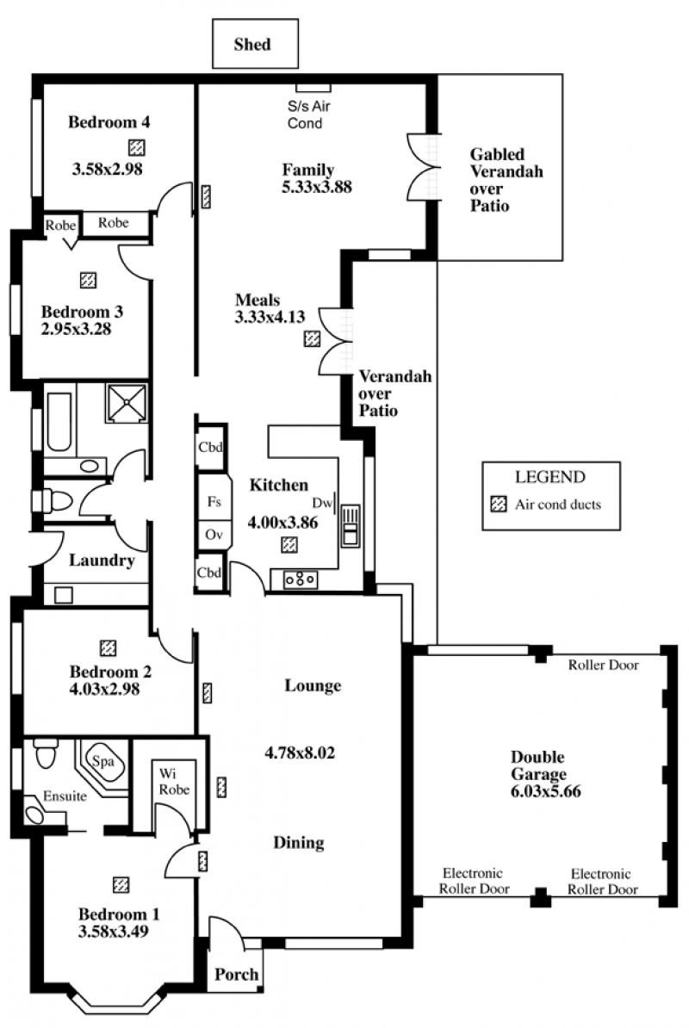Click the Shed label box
255,43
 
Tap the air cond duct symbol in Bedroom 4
136,147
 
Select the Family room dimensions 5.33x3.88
317,187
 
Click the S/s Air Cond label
308,115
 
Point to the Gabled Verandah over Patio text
506,180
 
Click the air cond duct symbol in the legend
499,505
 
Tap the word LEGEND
550,477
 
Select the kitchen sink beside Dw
350,525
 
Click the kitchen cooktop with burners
301,579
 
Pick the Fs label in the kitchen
214,502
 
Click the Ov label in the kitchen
214,535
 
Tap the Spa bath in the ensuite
103,765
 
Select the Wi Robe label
174,782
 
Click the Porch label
236,975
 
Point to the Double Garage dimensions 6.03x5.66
545,790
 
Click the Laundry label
102,560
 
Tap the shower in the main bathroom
127,403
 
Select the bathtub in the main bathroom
59,422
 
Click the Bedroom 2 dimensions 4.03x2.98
104,689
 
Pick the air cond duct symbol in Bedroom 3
88,280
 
